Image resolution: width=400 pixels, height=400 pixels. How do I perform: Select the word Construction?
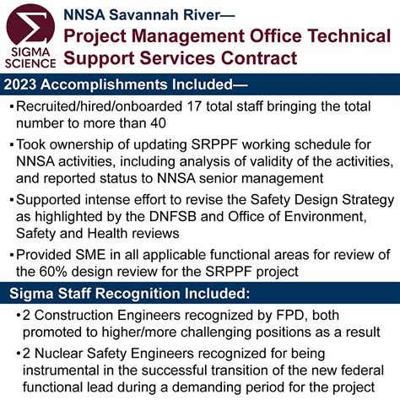point(91,313)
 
